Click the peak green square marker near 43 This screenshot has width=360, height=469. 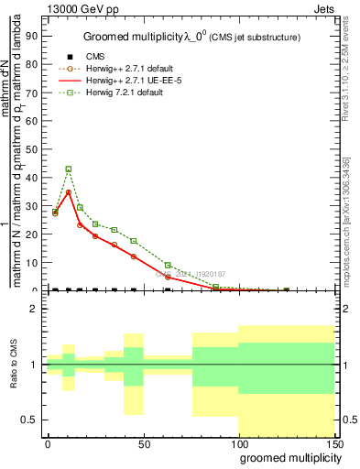[69, 169]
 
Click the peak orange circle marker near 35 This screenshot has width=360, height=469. [69, 192]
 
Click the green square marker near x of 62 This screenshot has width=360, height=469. [168, 266]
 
